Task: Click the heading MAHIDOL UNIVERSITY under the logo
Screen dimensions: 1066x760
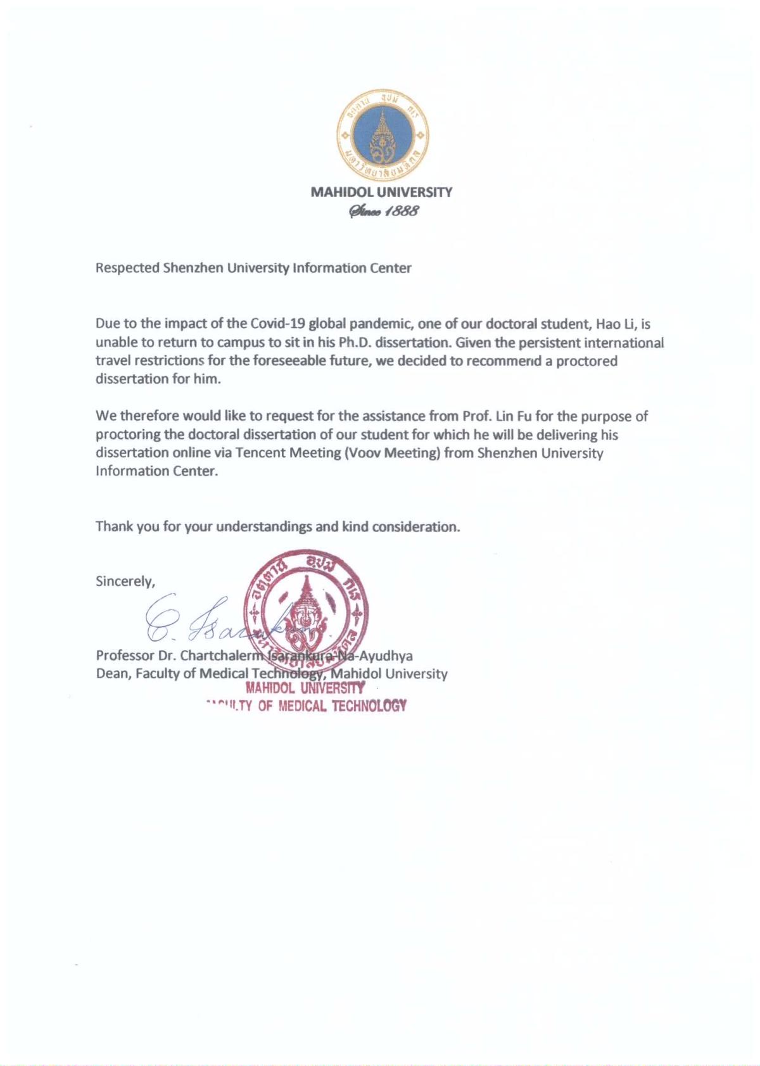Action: [x=381, y=192]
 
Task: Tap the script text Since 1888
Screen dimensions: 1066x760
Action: [x=381, y=212]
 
